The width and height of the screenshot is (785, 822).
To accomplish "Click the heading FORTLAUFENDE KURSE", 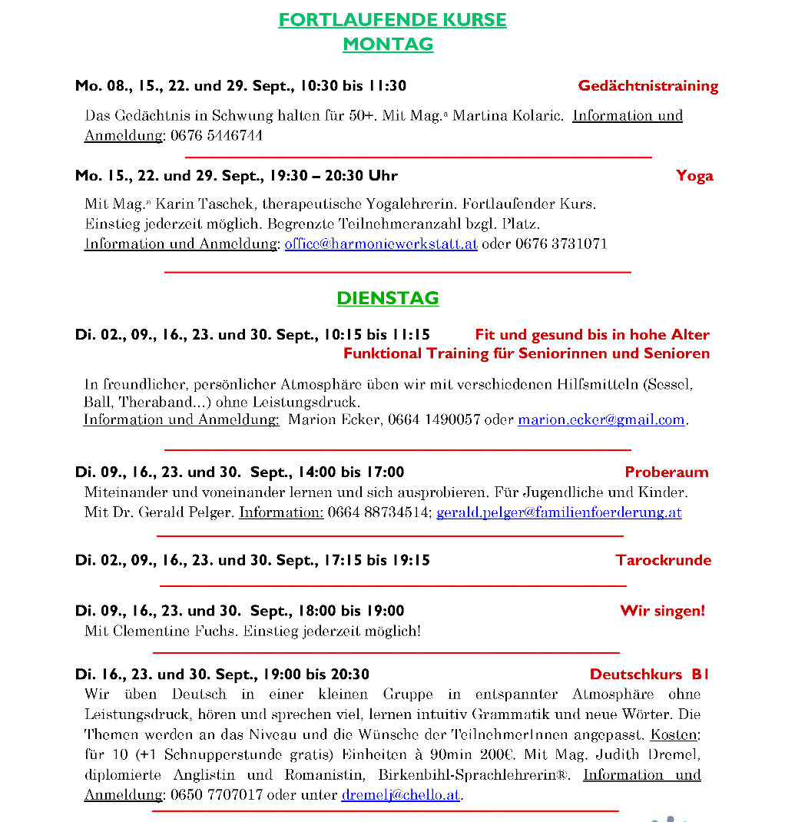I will (392, 20).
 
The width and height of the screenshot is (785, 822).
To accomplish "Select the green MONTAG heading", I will (388, 45).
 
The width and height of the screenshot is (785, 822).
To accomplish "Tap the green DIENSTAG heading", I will (388, 298).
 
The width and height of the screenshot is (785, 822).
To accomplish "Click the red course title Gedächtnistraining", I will (648, 86).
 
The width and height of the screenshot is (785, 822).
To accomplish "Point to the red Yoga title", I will (694, 176).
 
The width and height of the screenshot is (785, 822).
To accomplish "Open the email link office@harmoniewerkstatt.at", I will (381, 244).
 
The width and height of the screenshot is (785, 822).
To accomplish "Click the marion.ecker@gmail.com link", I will (601, 420).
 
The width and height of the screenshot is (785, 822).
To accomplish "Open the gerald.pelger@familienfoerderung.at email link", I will (558, 512).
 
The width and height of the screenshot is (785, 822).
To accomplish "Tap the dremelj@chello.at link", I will (400, 795).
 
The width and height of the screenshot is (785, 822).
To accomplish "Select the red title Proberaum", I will (666, 472).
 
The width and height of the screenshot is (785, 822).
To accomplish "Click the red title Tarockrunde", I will (663, 560).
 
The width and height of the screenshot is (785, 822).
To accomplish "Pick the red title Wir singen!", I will (662, 612).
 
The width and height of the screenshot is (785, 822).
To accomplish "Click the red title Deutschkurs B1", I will (649, 675).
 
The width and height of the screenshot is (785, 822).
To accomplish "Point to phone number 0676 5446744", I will (217, 136).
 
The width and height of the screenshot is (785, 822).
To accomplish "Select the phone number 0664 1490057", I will (434, 420).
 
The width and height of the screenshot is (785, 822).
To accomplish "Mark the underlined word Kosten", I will (674, 734).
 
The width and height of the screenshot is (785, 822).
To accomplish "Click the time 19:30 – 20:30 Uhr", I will (333, 176).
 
